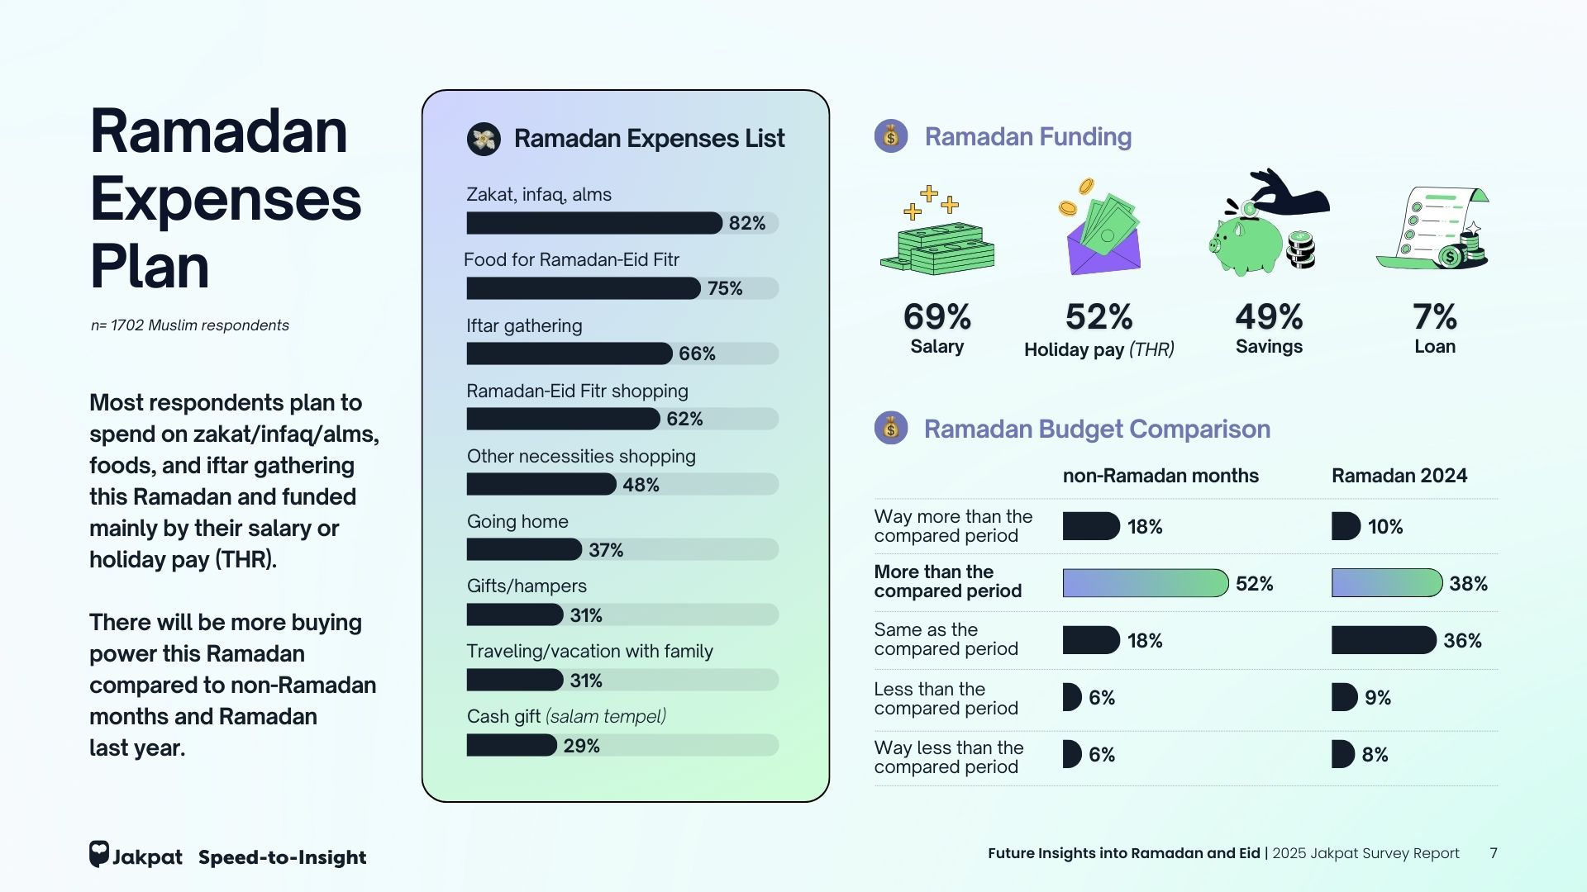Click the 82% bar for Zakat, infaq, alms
pyautogui.click(x=593, y=223)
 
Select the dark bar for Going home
pyautogui.click(x=524, y=549)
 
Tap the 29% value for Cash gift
pyautogui.click(x=581, y=746)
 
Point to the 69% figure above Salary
pyautogui.click(x=936, y=316)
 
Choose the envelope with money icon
pyautogui.click(x=1102, y=235)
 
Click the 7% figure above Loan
pyautogui.click(x=1434, y=316)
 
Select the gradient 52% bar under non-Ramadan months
pyautogui.click(x=1145, y=583)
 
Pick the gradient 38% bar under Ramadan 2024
pyautogui.click(x=1386, y=583)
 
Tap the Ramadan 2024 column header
pyautogui.click(x=1399, y=476)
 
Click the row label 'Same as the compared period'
pyautogui.click(x=946, y=639)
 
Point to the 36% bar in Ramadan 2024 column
pyautogui.click(x=1383, y=640)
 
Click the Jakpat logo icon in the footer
pyautogui.click(x=99, y=854)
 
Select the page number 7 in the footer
pyautogui.click(x=1494, y=853)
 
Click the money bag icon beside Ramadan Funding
pyautogui.click(x=891, y=136)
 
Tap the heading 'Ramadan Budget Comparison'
pyautogui.click(x=1096, y=429)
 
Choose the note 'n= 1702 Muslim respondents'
pyautogui.click(x=190, y=325)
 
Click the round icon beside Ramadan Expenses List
pyautogui.click(x=484, y=139)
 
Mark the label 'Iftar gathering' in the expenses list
pyautogui.click(x=524, y=325)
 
